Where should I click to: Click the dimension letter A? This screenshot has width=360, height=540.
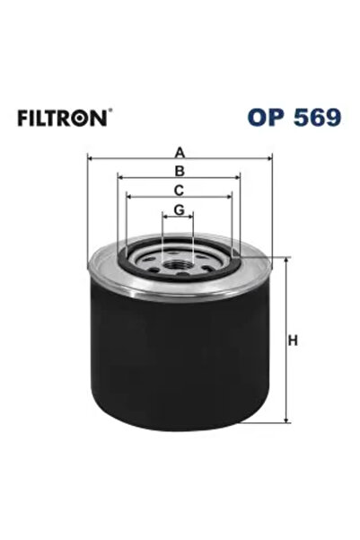(180, 150)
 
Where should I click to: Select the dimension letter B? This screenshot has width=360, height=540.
(180, 170)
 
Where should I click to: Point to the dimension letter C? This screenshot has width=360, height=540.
(180, 190)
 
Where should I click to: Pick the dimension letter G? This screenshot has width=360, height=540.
(180, 209)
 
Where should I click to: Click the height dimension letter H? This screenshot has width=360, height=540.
(292, 341)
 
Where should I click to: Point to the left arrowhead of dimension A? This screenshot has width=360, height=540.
(92, 159)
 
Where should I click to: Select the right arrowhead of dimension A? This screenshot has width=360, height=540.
(268, 159)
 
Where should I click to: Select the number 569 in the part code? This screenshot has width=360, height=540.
(314, 118)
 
